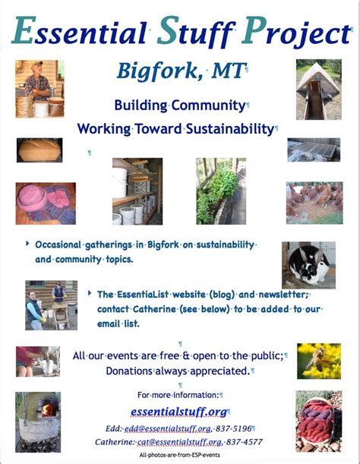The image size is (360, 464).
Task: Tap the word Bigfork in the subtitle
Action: pos(157,71)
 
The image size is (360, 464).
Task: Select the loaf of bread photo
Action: pos(39,150)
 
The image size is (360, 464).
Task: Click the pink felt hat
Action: pos(31,197)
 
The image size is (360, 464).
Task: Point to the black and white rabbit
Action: pos(309,265)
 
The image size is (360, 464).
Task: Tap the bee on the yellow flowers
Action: pos(317,359)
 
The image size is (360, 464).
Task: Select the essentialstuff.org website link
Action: pos(178,412)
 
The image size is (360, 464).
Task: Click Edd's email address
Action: pos(168,428)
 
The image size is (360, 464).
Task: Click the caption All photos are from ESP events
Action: pos(180,455)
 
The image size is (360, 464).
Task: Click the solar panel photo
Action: pos(314,150)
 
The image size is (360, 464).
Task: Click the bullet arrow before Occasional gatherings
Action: pos(27,244)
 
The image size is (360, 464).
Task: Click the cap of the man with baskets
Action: pos(37,63)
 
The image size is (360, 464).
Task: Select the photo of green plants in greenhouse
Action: pos(221,191)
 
